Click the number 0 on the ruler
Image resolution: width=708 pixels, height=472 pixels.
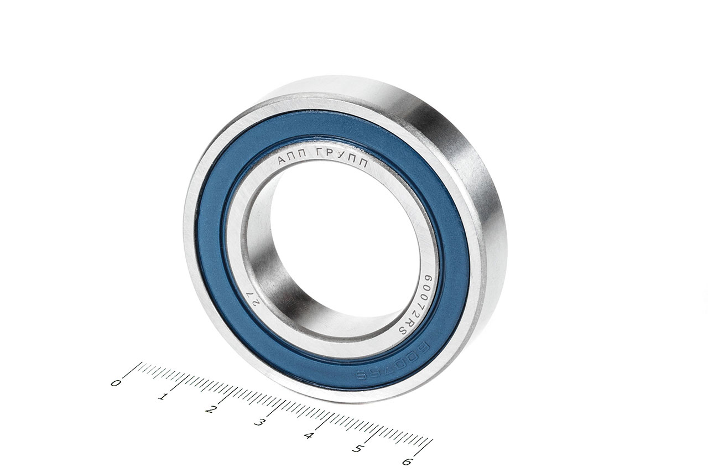[116, 382]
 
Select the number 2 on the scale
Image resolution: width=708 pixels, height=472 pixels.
[211, 409]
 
